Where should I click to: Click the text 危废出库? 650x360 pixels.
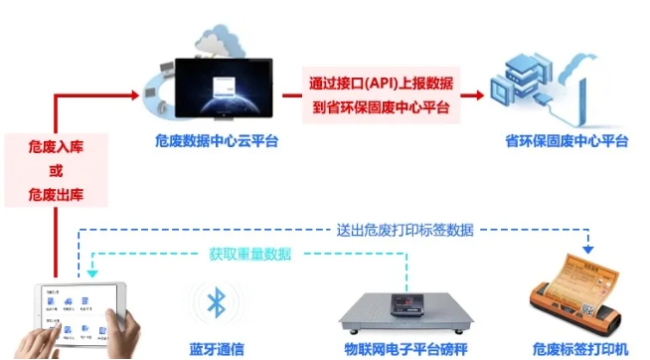[x=56, y=192]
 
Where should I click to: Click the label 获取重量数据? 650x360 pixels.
[x=250, y=254]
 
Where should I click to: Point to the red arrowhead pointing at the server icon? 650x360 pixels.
[x=480, y=94]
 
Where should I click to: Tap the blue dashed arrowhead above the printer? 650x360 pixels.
[x=588, y=246]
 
